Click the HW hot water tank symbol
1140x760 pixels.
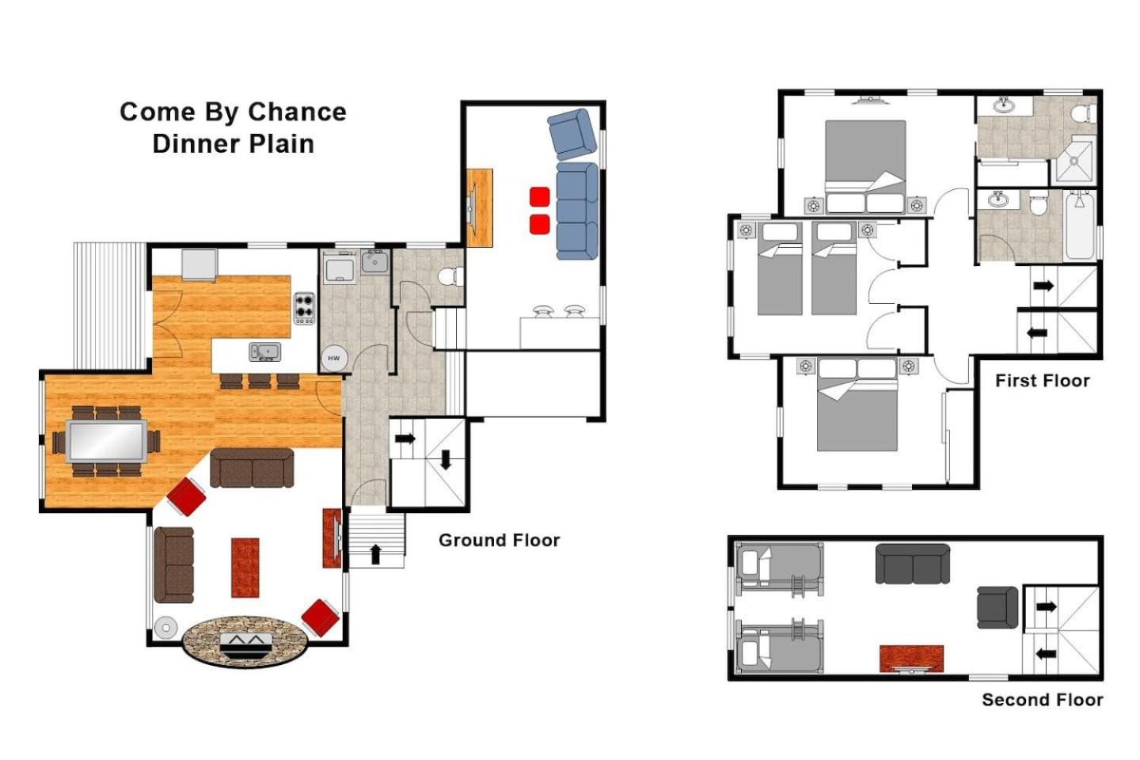point(334,359)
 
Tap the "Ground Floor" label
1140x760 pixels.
point(500,540)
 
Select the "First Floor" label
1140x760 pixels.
point(1043,380)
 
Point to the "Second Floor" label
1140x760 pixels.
point(1043,699)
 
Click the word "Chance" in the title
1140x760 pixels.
point(296,112)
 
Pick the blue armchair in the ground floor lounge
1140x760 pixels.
point(572,133)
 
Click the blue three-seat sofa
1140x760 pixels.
point(577,211)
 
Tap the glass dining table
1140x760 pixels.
point(107,441)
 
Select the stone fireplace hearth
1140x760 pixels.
point(245,642)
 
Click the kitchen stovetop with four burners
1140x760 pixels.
point(304,309)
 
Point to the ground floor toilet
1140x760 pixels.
point(451,277)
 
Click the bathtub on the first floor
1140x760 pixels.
point(1080,226)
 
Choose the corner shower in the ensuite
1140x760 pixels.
point(1074,160)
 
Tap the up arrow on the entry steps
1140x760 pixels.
point(375,554)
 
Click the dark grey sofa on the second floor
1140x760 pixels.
point(913,564)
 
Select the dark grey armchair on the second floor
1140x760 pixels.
point(997,607)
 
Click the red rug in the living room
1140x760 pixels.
point(245,568)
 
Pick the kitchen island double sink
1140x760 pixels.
point(264,351)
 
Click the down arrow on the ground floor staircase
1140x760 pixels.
point(445,460)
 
